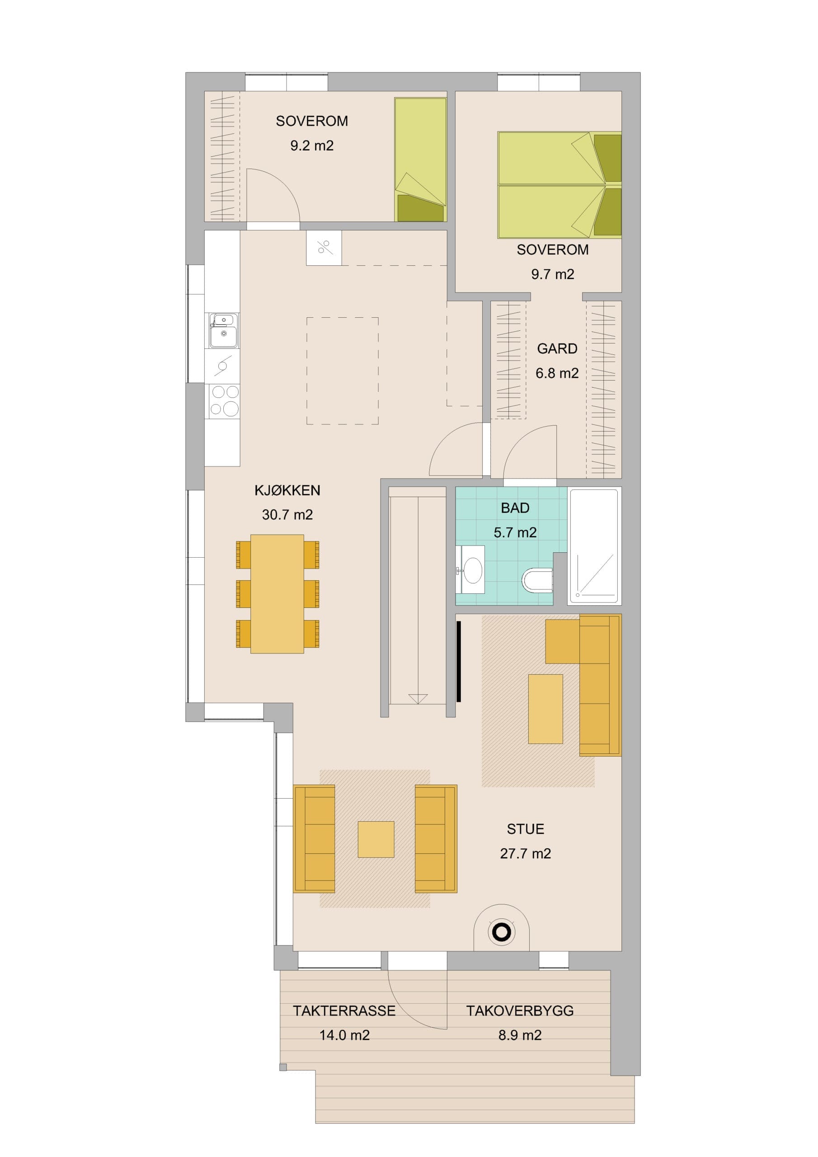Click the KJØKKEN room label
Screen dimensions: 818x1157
coord(287,490)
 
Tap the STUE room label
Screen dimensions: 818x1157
coord(525,829)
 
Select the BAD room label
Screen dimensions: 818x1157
coord(515,508)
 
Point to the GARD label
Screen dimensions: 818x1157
coord(557,349)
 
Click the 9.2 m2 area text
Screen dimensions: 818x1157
coord(311,146)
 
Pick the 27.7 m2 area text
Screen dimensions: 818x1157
coord(525,854)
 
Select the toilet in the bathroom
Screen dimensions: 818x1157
coord(537,580)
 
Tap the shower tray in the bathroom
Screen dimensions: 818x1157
coord(594,546)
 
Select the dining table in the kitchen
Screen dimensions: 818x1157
coord(277,594)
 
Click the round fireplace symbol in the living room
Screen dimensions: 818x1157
coord(502,933)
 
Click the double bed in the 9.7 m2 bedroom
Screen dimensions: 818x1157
coord(559,185)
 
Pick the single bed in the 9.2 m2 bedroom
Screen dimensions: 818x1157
coord(420,160)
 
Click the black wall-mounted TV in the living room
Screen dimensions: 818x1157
coord(459,661)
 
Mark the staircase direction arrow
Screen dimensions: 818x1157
coord(418,698)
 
